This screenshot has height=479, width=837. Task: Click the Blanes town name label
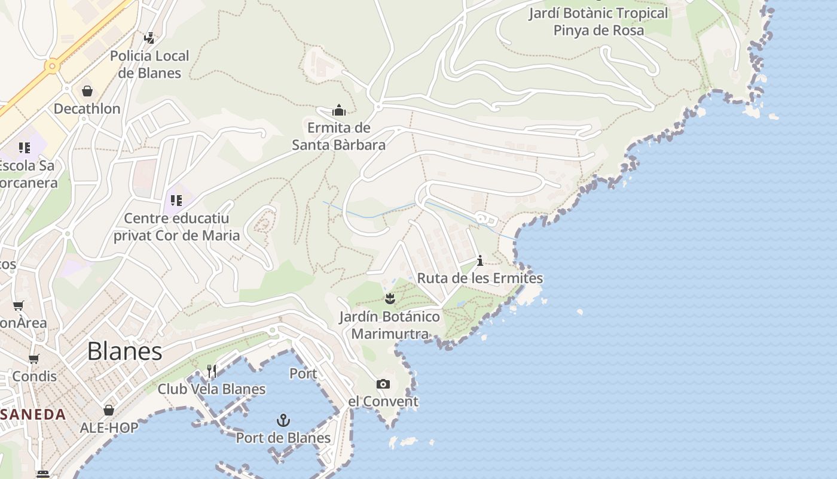pyautogui.click(x=124, y=351)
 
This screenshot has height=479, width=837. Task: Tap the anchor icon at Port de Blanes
pyautogui.click(x=283, y=420)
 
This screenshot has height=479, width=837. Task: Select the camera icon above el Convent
pyautogui.click(x=383, y=384)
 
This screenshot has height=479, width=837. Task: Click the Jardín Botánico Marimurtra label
pyautogui.click(x=390, y=325)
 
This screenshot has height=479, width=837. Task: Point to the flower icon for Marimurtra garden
pyautogui.click(x=390, y=299)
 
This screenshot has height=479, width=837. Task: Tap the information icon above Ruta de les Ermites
pyautogui.click(x=479, y=260)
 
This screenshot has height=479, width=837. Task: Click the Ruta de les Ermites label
pyautogui.click(x=479, y=278)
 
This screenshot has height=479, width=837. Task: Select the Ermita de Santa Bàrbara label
pyautogui.click(x=339, y=137)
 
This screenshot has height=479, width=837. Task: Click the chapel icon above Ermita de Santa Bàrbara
pyautogui.click(x=339, y=111)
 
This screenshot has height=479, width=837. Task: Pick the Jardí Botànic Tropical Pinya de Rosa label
pyautogui.click(x=598, y=22)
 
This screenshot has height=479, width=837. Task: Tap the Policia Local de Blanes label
pyautogui.click(x=149, y=65)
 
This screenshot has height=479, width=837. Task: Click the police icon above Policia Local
pyautogui.click(x=149, y=38)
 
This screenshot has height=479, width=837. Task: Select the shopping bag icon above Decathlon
pyautogui.click(x=87, y=91)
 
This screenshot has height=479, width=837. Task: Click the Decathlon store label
pyautogui.click(x=87, y=108)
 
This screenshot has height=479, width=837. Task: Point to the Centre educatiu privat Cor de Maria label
pyautogui.click(x=176, y=227)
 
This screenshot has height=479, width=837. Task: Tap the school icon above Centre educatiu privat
pyautogui.click(x=176, y=200)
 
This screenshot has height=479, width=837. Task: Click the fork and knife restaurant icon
pyautogui.click(x=211, y=371)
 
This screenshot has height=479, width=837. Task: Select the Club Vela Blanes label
pyautogui.click(x=211, y=389)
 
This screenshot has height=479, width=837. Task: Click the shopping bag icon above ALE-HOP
pyautogui.click(x=109, y=410)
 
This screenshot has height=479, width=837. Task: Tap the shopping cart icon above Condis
pyautogui.click(x=34, y=359)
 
